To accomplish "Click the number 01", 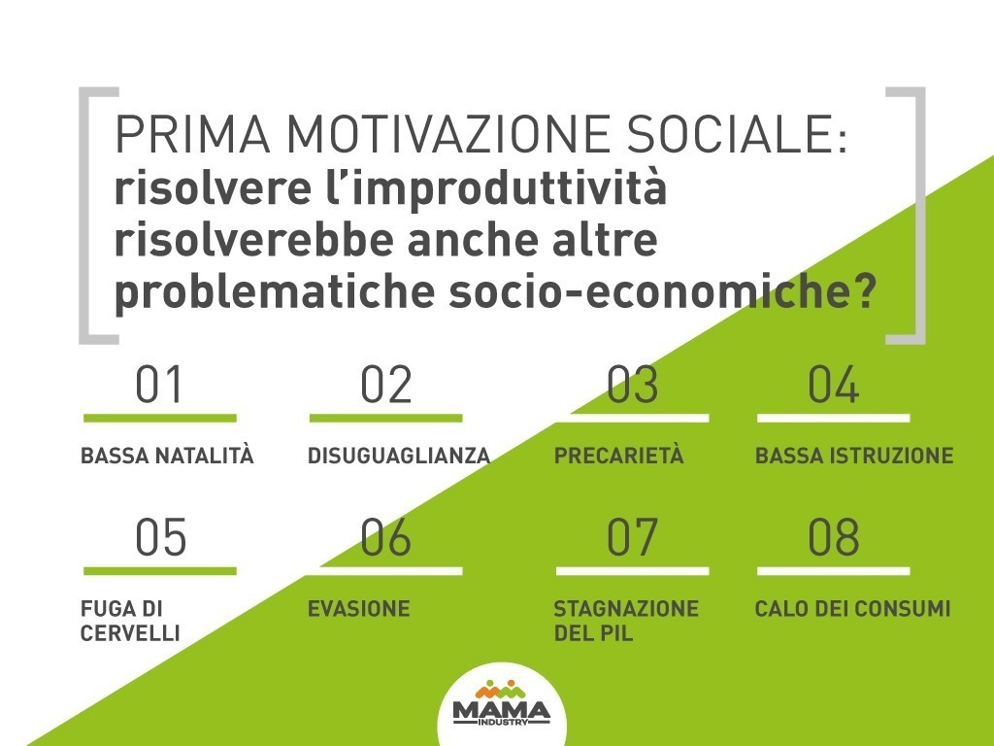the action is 158,385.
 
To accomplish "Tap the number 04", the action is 833,385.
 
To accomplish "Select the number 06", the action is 385,537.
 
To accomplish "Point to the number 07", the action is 631,537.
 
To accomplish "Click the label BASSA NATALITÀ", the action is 167,455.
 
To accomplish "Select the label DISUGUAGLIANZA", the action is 399,456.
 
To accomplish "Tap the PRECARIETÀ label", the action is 618,455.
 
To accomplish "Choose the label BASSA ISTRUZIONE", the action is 854,456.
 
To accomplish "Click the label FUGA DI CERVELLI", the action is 130,621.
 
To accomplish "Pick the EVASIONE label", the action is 359,609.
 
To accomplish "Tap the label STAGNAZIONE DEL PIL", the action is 626,621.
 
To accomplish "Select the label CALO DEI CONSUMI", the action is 852,609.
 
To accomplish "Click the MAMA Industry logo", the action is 502,704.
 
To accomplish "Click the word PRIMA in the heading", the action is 193,134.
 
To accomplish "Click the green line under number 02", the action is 385,418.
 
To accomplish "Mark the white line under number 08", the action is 833,571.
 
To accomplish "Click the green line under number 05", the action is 160,571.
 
